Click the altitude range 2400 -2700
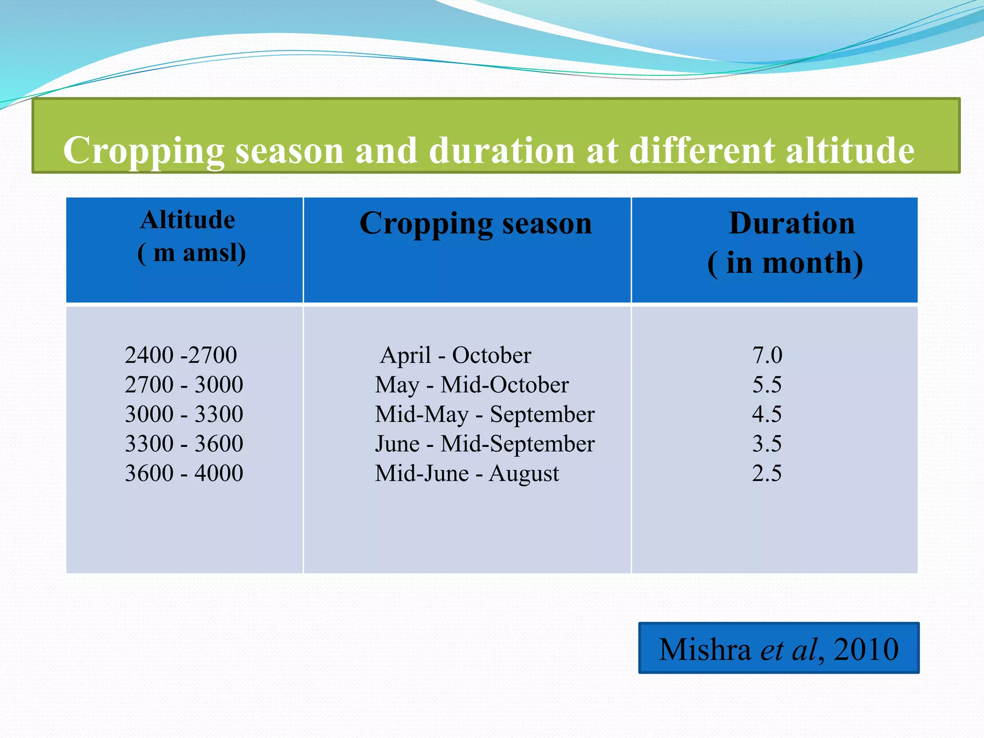point(181,356)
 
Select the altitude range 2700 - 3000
point(184,385)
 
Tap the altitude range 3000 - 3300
point(184,414)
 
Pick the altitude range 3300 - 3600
point(184,443)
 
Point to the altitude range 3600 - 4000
point(184,473)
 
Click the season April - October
point(455,356)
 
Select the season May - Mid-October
point(472,385)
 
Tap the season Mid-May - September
point(485,414)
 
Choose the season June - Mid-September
point(485,443)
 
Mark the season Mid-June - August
point(467,473)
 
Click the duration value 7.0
point(767,356)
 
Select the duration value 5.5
point(767,385)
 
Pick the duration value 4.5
point(767,414)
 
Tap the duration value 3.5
point(767,443)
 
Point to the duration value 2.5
point(767,473)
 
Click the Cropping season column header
point(476,224)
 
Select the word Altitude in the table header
point(188,220)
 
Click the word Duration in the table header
point(792,223)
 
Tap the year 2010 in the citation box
point(866,650)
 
